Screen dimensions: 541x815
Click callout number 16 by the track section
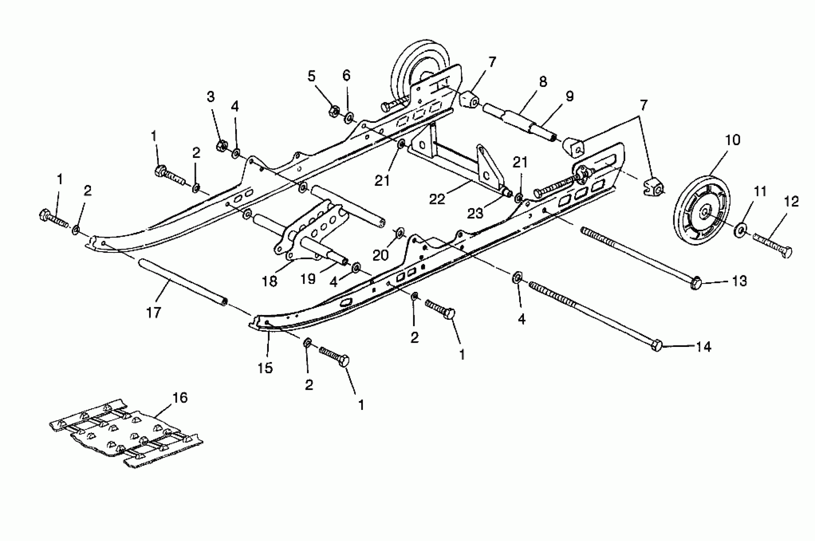(x=179, y=398)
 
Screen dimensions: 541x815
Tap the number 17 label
(x=153, y=313)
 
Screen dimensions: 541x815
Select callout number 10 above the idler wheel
(x=733, y=140)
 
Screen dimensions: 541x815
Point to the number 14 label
(x=704, y=347)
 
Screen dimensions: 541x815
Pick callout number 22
(x=437, y=199)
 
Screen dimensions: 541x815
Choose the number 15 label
(x=265, y=368)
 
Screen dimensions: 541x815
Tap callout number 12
(x=791, y=201)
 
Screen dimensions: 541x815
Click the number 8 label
(x=543, y=82)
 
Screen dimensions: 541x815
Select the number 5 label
(x=311, y=76)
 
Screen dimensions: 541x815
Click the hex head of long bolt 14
(x=656, y=345)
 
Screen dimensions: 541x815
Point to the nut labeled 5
(x=333, y=111)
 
